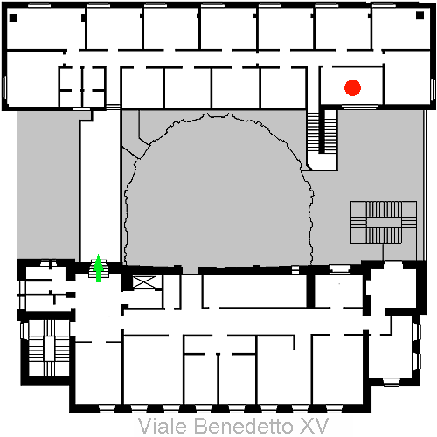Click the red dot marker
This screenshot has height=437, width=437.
point(352,87)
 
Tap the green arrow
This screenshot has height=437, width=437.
point(99,268)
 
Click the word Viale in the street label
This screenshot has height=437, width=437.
point(162,426)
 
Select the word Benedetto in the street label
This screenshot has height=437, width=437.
point(243,426)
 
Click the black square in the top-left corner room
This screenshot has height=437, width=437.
point(13,17)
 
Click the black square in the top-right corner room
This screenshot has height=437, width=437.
point(420,16)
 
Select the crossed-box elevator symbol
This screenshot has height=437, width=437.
point(144,282)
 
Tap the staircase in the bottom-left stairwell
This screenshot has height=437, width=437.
point(49,348)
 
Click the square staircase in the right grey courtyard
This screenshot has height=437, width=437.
point(384,222)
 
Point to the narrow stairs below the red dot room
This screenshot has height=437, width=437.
point(322,132)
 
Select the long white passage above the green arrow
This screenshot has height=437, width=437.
point(100,190)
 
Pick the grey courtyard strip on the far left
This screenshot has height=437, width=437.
point(47,184)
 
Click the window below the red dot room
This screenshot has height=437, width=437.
point(360,107)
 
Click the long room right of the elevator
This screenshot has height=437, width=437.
point(254,291)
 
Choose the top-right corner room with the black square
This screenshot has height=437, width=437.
point(400,29)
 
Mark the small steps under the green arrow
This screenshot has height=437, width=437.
point(99,268)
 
